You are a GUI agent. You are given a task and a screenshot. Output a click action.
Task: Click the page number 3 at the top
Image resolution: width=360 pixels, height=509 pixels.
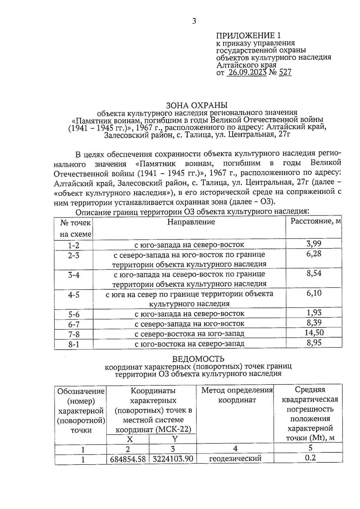194,21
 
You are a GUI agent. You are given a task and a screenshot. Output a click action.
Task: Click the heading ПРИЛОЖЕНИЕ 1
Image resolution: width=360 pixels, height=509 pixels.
249,36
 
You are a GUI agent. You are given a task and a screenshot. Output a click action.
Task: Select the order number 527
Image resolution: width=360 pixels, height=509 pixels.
285,72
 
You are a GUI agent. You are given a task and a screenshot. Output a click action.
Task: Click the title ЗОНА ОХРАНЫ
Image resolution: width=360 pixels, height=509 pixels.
197,105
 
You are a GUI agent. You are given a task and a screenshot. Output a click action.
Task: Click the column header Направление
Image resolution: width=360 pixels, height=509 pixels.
191,222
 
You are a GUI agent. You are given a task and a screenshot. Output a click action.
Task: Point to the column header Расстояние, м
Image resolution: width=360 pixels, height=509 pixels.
316,221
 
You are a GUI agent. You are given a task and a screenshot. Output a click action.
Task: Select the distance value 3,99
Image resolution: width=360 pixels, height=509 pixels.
314,244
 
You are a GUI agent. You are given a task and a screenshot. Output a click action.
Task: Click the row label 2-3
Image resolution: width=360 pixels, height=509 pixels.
73,256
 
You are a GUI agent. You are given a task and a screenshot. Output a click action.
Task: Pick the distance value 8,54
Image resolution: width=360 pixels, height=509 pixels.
314,273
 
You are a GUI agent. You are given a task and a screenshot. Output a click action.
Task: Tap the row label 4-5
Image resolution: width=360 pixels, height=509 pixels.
73,295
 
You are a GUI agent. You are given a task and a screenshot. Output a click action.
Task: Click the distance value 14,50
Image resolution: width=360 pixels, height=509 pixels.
314,333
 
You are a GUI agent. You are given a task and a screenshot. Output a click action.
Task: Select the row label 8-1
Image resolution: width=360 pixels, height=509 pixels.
73,344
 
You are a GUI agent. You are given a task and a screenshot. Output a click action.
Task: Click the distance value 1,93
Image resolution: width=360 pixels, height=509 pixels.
314,313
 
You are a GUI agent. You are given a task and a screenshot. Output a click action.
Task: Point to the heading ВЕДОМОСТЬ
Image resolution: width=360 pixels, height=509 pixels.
198,359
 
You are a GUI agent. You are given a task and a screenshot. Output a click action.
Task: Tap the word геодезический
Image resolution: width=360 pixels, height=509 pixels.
235,459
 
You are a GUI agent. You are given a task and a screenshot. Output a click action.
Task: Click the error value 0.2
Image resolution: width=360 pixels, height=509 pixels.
310,458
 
